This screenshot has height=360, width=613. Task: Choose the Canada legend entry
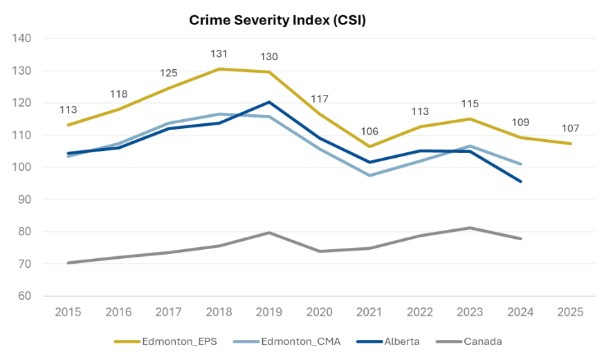[473, 341]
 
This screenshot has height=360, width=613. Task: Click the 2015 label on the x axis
[68, 312]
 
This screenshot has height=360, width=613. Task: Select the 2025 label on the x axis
[571, 312]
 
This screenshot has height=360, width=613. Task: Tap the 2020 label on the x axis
[320, 312]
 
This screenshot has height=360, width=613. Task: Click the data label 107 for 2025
[571, 129]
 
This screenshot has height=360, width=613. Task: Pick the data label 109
[520, 123]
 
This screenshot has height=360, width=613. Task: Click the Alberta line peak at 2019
[269, 102]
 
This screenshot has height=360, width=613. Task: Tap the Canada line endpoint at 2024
[520, 238]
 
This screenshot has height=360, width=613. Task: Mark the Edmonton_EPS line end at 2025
[571, 143]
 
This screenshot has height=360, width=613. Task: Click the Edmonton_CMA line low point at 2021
[370, 175]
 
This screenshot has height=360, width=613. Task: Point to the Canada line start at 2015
[68, 262]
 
